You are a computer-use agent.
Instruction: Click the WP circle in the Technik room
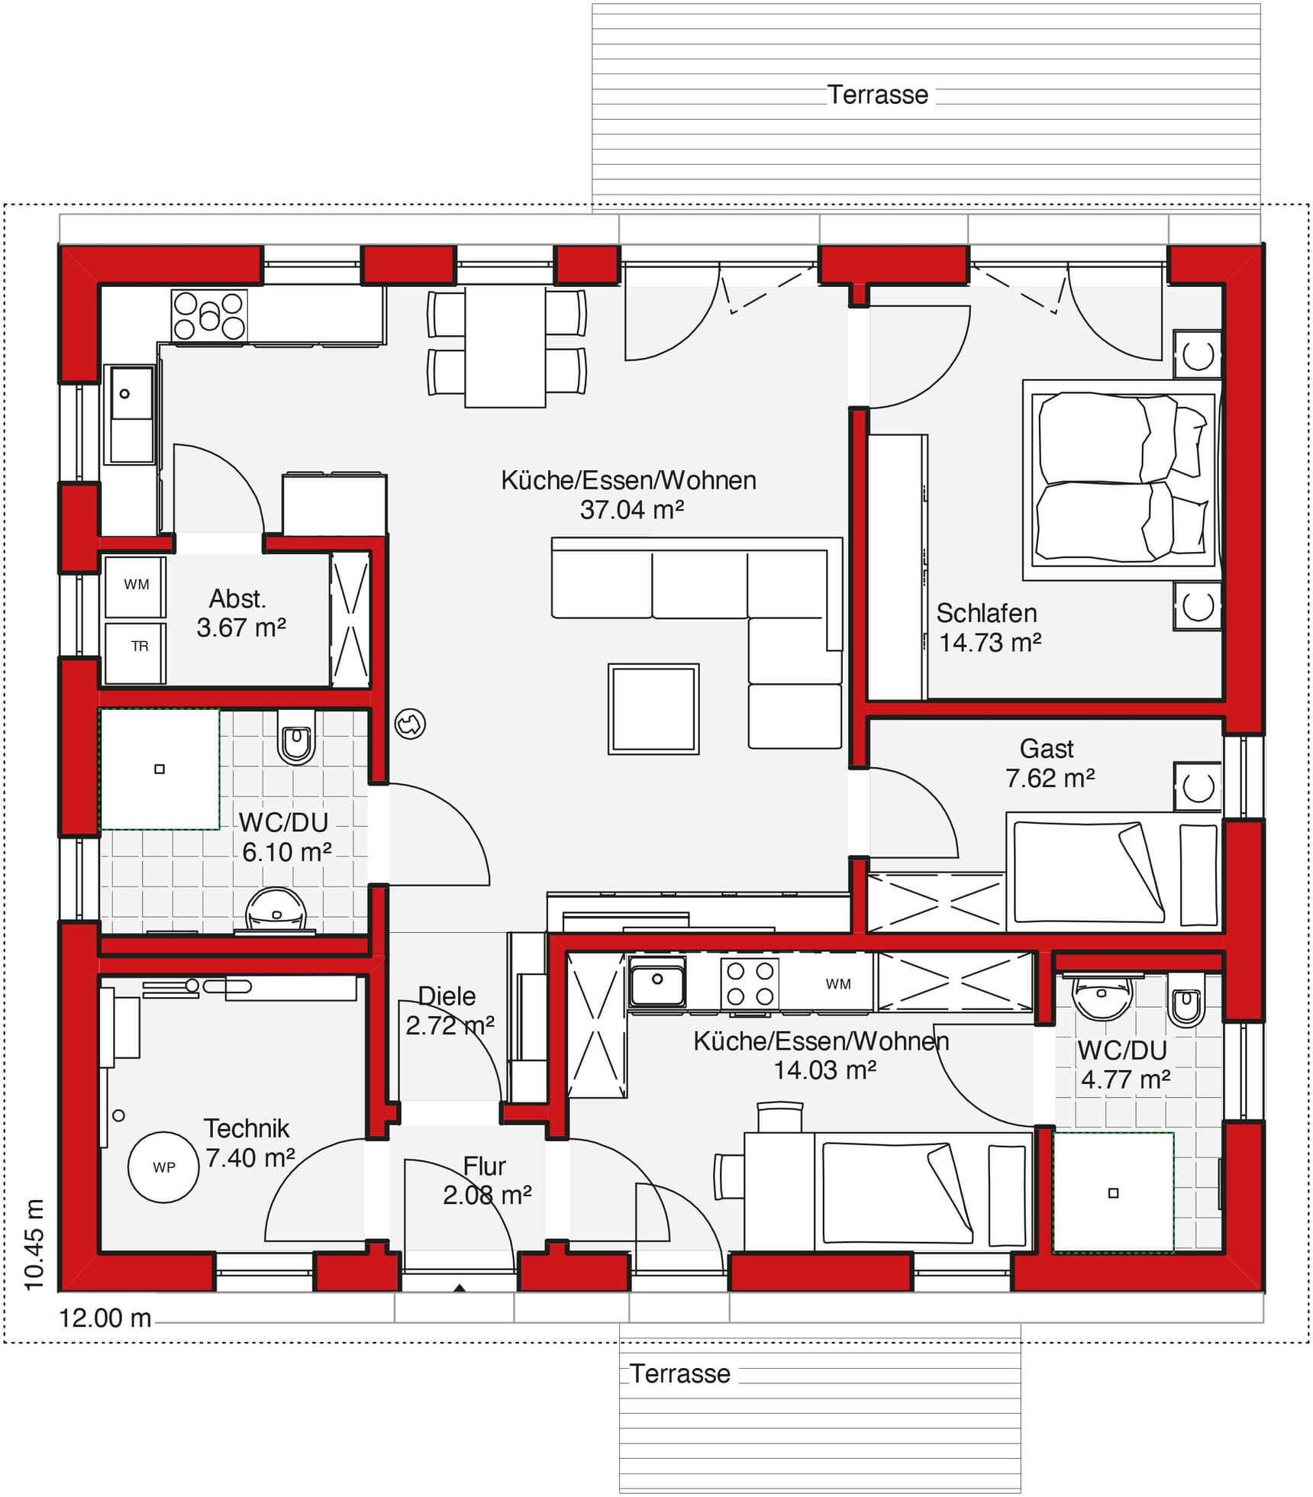pos(163,1166)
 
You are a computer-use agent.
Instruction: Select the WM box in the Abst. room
pos(136,586)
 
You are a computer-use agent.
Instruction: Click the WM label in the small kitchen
pos(837,984)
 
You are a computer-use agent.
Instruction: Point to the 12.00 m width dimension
pos(105,1318)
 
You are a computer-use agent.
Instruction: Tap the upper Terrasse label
pos(878,95)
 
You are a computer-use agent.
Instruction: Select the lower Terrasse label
pos(679,1373)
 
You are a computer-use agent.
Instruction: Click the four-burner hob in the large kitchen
pos(208,315)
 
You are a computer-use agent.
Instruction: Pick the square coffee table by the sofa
pos(653,708)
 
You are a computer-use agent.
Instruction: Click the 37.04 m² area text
pos(631,509)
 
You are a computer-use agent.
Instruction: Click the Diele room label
pos(447,995)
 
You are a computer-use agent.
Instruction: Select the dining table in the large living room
pos(505,347)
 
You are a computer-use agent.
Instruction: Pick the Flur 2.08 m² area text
pos(487,1194)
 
